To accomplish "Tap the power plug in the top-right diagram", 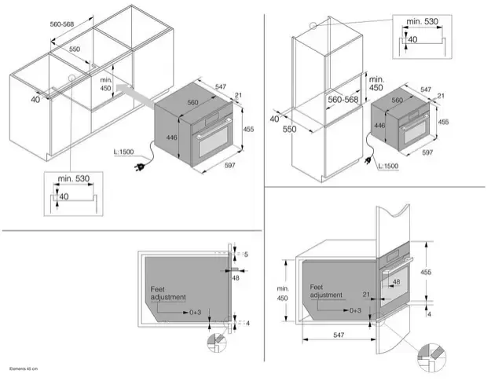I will (x=368, y=157).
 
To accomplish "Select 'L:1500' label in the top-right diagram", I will (x=387, y=167).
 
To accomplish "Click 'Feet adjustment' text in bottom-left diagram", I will (x=168, y=293).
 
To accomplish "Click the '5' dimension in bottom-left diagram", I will (x=246, y=255).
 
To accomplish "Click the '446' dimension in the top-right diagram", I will (x=379, y=125).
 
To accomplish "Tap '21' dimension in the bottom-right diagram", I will (x=366, y=295).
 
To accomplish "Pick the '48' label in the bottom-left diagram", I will (x=236, y=277).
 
